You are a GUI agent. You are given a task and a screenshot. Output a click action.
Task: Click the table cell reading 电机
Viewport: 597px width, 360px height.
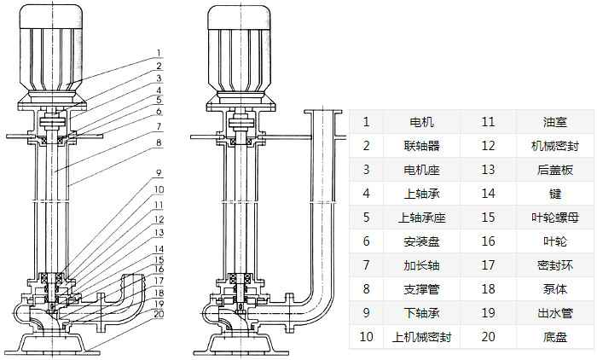pyautogui.click(x=421, y=122)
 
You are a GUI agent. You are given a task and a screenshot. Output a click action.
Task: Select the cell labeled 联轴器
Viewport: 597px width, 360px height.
pyautogui.click(x=421, y=146)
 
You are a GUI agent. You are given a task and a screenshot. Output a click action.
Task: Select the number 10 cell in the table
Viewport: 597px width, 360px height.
pyautogui.click(x=367, y=337)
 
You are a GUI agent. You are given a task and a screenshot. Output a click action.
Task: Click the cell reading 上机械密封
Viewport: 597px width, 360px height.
pyautogui.click(x=421, y=337)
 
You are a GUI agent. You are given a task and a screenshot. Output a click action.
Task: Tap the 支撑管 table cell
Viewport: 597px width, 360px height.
pyautogui.click(x=421, y=289)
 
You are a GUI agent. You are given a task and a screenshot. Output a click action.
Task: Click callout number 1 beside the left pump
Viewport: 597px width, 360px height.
pyautogui.click(x=159, y=52)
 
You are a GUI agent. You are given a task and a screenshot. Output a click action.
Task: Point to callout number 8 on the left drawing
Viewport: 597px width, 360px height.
pyautogui.click(x=159, y=142)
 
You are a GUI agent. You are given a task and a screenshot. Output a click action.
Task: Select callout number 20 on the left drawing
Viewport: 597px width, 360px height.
pyautogui.click(x=159, y=312)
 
